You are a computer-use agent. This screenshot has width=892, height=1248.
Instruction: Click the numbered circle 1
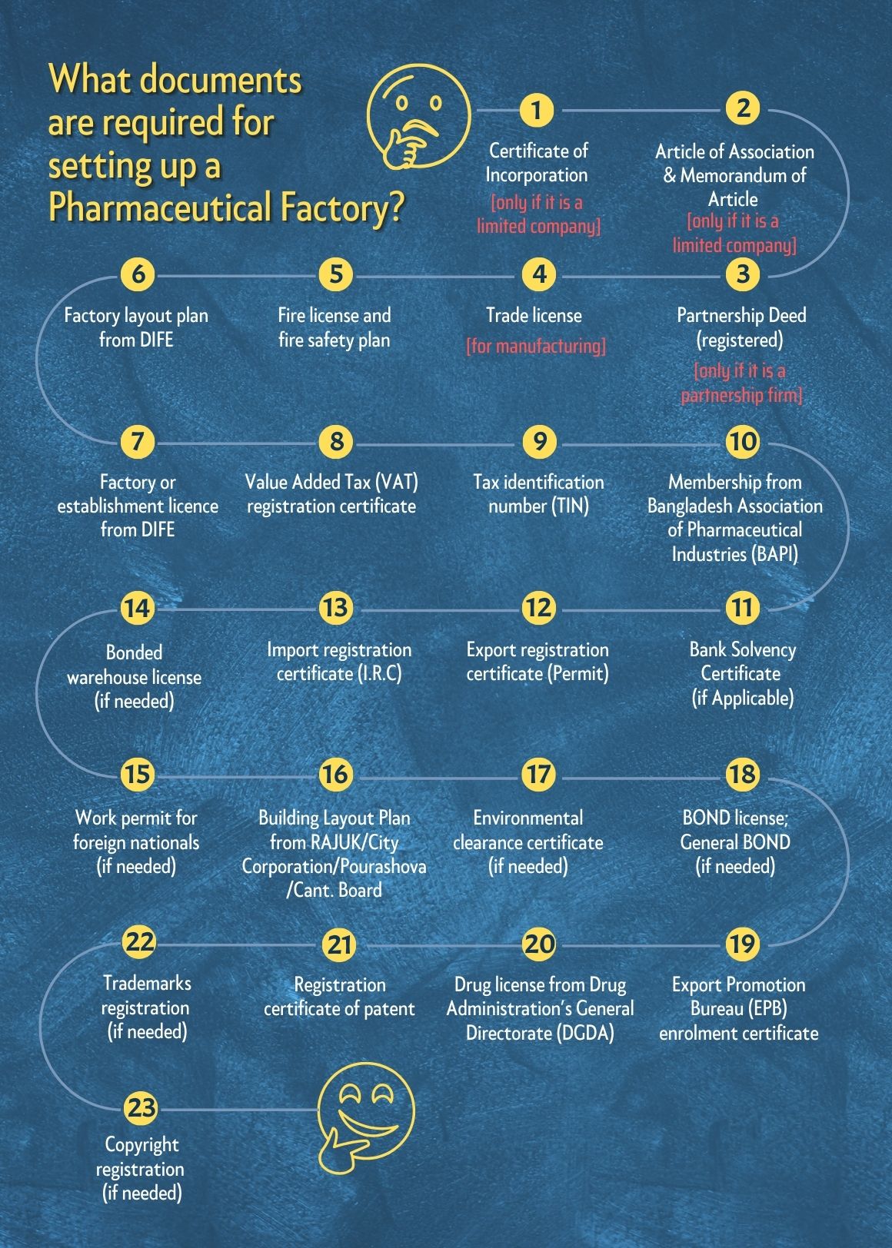536,111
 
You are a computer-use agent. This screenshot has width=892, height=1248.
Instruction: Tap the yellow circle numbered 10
743,442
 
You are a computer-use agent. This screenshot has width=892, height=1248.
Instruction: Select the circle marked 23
141,1107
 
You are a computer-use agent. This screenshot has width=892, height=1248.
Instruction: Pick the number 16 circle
336,774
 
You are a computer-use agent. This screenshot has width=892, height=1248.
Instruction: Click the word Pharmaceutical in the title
159,207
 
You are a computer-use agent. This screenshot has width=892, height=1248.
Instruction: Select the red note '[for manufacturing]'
536,346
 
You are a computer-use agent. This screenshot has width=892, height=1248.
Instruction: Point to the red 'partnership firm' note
741,396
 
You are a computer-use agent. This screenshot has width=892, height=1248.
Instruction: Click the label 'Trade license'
534,315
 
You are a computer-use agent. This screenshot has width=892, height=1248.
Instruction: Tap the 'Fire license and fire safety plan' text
334,327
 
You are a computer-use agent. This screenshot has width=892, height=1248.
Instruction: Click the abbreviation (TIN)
571,506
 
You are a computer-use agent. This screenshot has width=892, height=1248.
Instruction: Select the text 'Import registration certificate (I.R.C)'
339,662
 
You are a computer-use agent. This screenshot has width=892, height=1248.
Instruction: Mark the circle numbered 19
743,943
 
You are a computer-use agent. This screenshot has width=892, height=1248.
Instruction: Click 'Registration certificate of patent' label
340,997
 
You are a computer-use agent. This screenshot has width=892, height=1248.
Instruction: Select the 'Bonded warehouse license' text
135,665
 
